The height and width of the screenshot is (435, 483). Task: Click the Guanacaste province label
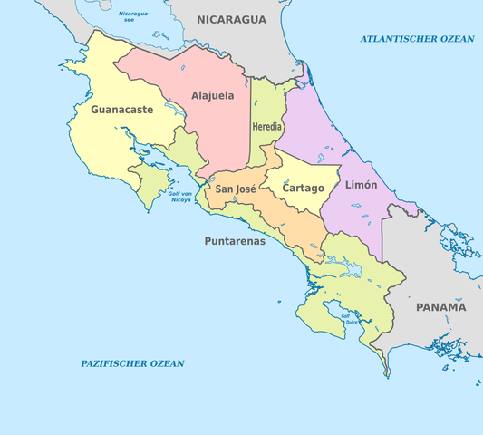pyautogui.click(x=121, y=110)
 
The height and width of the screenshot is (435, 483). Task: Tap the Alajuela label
pyautogui.click(x=213, y=95)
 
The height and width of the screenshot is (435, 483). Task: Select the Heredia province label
pyautogui.click(x=267, y=126)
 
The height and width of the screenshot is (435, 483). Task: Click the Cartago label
pyautogui.click(x=303, y=188)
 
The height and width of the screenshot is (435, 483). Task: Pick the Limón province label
pyautogui.click(x=362, y=185)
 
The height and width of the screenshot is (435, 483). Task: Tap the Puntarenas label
pyautogui.click(x=235, y=241)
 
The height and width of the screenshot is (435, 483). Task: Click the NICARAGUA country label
pyautogui.click(x=232, y=19)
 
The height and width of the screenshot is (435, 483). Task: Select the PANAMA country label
pyautogui.click(x=440, y=307)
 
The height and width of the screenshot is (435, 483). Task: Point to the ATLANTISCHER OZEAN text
pyautogui.click(x=417, y=38)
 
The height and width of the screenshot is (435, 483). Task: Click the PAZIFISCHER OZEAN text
pyautogui.click(x=132, y=363)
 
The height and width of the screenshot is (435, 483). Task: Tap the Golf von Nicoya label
pyautogui.click(x=180, y=197)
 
